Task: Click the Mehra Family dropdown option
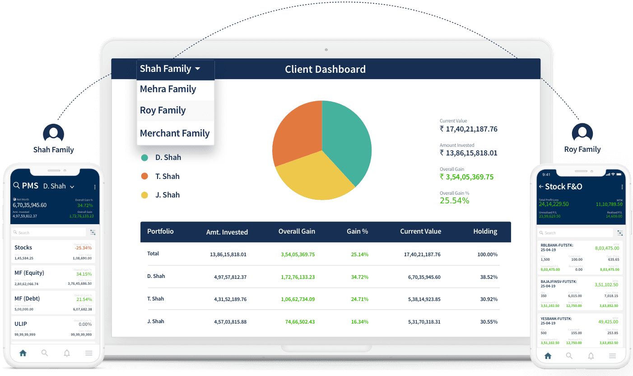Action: pos(168,89)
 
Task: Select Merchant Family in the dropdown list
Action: pos(175,133)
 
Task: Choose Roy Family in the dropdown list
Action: pos(163,110)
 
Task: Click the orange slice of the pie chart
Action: pos(296,131)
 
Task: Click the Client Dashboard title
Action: pos(325,69)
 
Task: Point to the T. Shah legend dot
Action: pos(144,176)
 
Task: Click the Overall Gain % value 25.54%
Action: pos(454,200)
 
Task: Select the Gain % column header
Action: pos(357,231)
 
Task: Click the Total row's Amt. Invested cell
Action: pos(228,254)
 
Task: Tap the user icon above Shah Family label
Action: pos(53,133)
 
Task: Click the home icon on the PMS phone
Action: pos(23,353)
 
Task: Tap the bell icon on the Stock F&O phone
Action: pos(591,356)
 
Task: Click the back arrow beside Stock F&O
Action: pos(541,187)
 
